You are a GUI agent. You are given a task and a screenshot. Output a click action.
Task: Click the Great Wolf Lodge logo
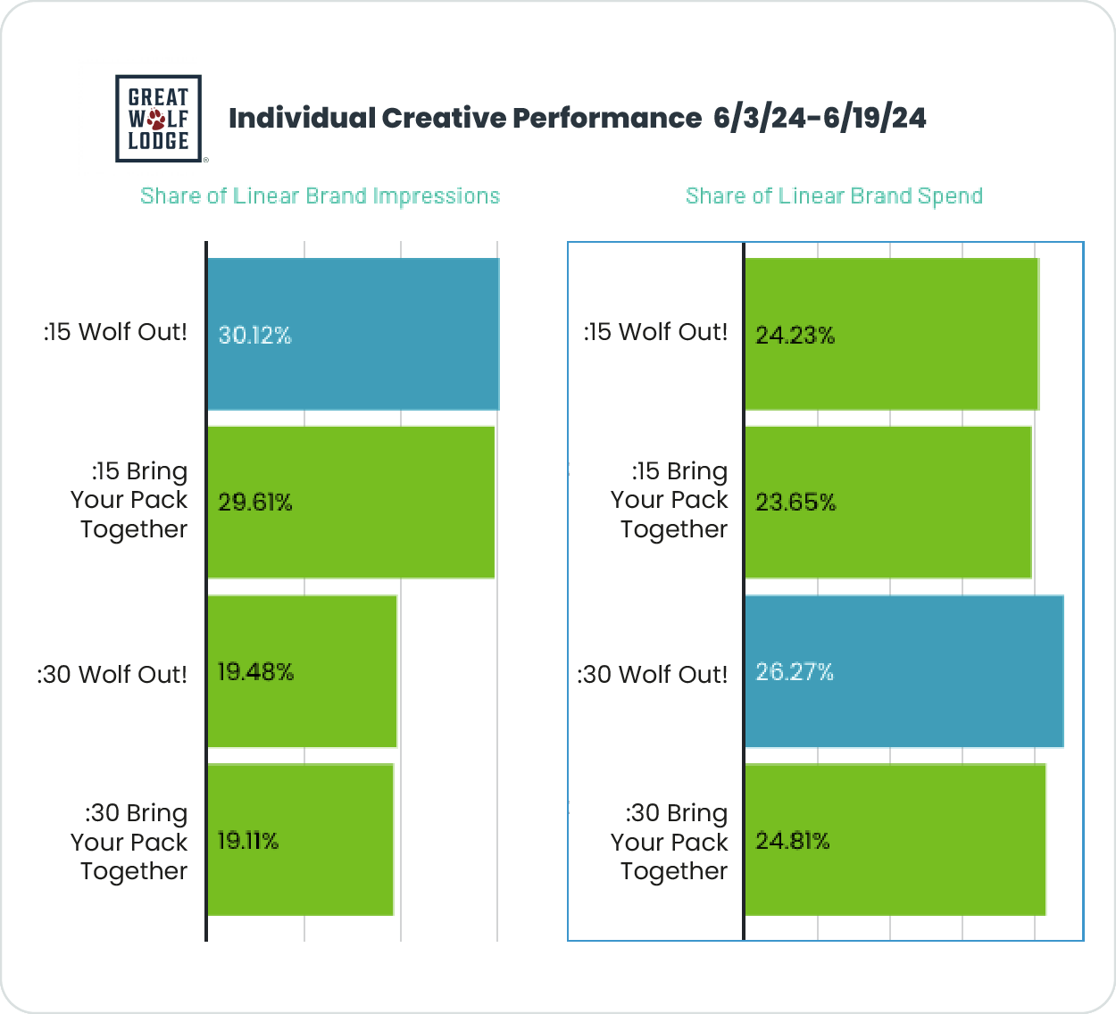159,118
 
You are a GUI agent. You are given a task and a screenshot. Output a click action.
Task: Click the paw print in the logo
157,119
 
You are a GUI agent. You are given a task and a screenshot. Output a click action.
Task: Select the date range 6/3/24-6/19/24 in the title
820,118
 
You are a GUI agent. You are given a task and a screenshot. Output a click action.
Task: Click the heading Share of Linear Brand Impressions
320,196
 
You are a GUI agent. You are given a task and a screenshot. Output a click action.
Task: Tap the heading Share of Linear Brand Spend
834,196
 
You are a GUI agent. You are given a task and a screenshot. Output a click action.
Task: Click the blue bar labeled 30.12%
353,334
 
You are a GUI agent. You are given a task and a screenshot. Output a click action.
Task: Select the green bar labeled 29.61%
351,503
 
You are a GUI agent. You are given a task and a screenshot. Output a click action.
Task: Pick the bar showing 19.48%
302,671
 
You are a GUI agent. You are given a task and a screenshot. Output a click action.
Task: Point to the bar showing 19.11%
300,840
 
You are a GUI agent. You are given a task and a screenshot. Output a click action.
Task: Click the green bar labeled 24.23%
892,334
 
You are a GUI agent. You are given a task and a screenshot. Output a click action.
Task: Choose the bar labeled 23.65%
888,503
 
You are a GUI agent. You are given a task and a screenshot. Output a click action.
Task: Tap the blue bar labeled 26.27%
904,671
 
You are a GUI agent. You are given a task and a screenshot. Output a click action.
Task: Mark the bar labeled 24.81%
895,840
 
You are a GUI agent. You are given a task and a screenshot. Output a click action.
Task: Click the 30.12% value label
255,336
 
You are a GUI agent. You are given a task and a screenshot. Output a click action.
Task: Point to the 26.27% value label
795,672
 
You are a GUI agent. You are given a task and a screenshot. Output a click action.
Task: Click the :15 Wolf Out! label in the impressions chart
115,332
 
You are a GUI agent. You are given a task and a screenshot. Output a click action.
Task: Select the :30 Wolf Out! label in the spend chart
652,675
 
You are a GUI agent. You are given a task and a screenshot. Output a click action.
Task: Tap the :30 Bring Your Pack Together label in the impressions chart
129,842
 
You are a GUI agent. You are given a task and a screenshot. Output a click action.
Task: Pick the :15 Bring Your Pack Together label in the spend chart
670,500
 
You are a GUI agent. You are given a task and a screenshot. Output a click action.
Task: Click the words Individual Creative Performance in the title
465,118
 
